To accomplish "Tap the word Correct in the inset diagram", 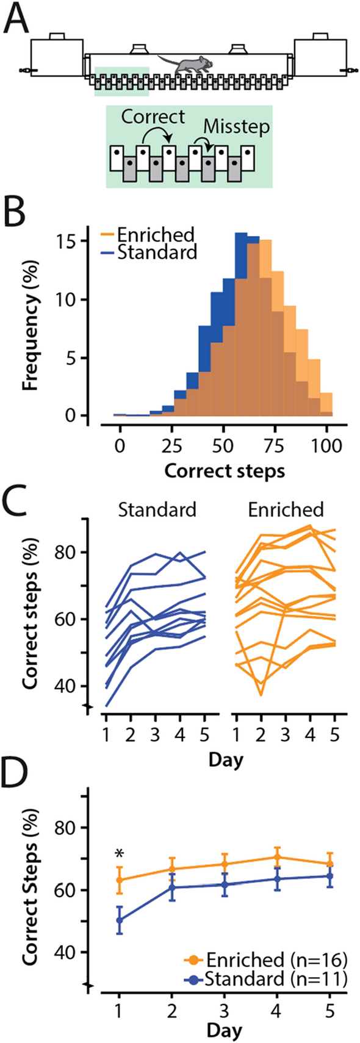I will (x=153, y=115).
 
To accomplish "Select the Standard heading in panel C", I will (x=157, y=509).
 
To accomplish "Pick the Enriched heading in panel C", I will (x=286, y=509).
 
